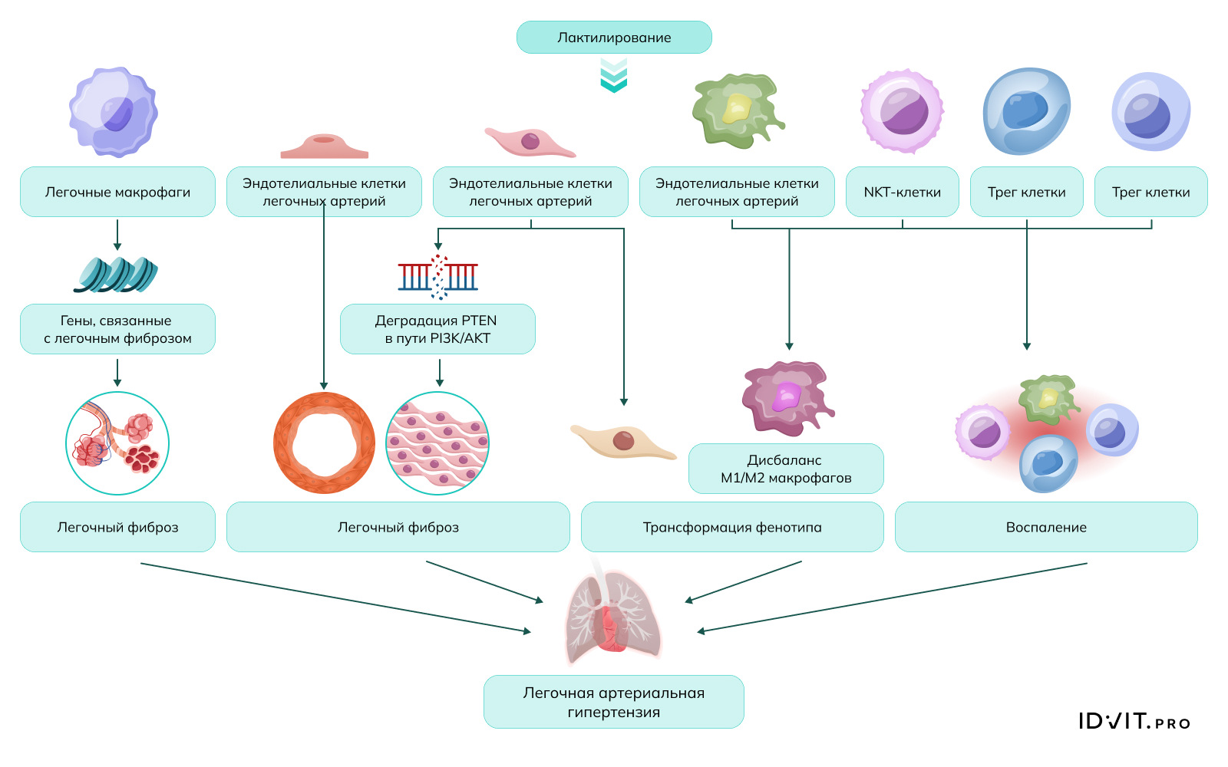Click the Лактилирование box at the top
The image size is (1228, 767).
(614, 38)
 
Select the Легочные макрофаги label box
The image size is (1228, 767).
(117, 192)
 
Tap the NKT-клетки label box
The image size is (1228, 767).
(902, 192)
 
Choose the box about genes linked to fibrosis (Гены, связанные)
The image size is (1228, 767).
(117, 329)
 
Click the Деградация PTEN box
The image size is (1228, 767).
(437, 329)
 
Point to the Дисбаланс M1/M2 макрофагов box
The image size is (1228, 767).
(786, 469)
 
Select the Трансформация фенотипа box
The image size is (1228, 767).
(732, 527)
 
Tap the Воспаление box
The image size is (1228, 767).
(1046, 527)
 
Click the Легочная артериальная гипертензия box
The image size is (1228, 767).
(614, 702)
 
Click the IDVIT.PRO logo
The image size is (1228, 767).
(1134, 721)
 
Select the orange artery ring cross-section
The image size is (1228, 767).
(324, 443)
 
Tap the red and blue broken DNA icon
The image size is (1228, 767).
(438, 276)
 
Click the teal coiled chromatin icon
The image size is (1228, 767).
(116, 275)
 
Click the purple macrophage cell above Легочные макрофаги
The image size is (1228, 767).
(114, 112)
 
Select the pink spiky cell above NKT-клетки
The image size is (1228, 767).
(902, 111)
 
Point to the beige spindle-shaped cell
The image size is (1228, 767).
(622, 441)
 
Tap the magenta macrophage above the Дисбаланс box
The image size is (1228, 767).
(787, 397)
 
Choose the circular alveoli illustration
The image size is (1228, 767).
(117, 443)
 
